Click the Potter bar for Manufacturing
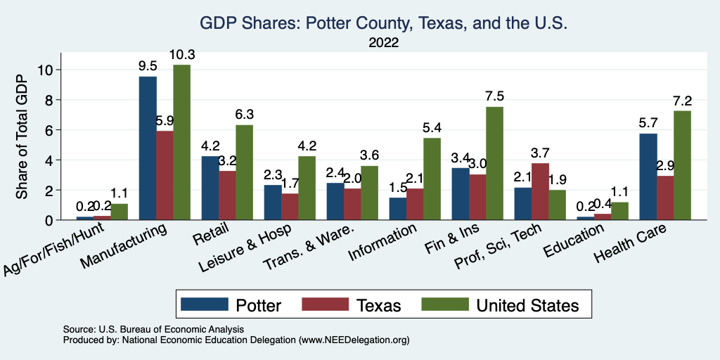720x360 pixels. [148, 148]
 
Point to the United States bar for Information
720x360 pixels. [432, 179]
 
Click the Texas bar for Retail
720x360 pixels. [227, 195]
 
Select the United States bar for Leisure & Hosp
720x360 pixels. [307, 188]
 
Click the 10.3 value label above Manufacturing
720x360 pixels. [181, 55]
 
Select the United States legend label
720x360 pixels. [527, 305]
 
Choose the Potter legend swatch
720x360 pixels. [205, 304]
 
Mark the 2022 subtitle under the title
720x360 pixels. [384, 43]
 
